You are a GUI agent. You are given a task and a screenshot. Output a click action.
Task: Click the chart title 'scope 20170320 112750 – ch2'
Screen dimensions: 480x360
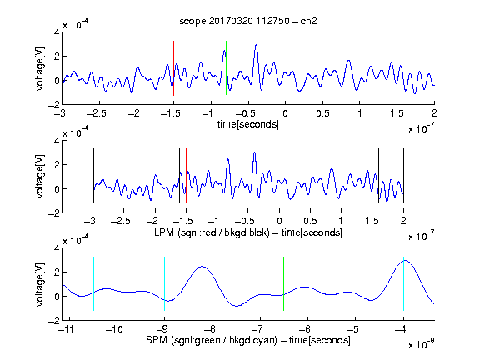pos(248,21)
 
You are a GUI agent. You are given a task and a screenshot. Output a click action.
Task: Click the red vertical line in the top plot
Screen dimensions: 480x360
pos(173,68)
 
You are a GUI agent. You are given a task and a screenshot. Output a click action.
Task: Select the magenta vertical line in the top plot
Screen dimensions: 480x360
pos(397,68)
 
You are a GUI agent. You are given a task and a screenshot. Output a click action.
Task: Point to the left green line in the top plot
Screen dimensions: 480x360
pos(226,68)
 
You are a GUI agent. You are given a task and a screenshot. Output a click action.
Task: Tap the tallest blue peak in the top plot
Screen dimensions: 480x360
pos(256,45)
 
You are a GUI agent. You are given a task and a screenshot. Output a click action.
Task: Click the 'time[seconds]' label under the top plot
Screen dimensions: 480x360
pos(248,124)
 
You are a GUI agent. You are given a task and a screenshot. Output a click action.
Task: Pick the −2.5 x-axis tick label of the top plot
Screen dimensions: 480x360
pos(96,113)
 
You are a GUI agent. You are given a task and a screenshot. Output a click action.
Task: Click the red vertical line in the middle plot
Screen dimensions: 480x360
pos(186,176)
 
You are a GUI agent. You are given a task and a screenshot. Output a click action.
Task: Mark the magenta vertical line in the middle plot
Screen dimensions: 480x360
pos(372,176)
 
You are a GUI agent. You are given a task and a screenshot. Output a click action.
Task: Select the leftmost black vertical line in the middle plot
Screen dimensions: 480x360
pos(93,176)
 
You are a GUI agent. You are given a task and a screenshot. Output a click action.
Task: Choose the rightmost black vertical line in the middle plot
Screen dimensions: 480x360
pos(403,176)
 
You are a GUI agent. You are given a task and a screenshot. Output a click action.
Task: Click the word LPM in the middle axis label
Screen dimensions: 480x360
pos(164,232)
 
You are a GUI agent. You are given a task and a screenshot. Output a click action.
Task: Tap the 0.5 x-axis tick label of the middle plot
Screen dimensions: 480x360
pos(310,221)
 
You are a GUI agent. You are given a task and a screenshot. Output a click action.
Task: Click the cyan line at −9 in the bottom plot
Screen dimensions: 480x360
pos(165,284)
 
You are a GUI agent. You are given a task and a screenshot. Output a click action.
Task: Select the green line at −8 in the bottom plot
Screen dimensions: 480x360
pos(212,284)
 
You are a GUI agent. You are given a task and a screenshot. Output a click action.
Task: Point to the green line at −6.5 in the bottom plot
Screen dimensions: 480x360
pos(284,284)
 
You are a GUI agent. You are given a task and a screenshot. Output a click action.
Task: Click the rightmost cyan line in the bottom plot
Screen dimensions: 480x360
pos(403,284)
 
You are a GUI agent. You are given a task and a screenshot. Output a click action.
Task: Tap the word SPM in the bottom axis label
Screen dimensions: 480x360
pos(157,340)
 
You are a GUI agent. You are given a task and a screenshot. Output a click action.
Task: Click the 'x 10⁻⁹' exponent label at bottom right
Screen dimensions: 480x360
pos(422,343)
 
